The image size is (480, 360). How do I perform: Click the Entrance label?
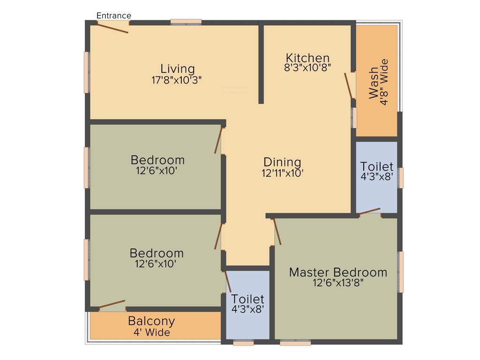113,15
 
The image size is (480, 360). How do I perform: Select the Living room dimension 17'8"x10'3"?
177,80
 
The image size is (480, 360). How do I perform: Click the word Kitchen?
307,58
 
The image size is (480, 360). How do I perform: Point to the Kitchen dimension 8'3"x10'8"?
308,67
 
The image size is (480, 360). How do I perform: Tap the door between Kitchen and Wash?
349,86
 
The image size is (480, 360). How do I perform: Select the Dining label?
282,162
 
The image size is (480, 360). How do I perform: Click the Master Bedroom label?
338,272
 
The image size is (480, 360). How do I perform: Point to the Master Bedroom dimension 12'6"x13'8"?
338,283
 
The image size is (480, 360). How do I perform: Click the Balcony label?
151,322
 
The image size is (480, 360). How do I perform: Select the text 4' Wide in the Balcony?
151,332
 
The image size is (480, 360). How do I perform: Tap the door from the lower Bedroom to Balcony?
112,305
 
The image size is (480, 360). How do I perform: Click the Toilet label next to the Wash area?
376,167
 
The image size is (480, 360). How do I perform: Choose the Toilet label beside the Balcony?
248,299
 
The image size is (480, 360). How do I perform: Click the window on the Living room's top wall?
186,22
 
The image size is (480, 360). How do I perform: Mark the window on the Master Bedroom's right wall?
401,272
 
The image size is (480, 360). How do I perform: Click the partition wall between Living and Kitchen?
261,63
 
